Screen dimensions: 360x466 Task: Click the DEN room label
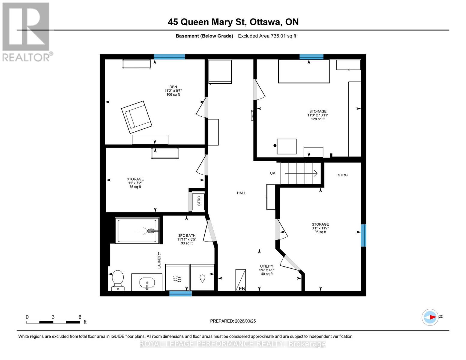click(x=173, y=87)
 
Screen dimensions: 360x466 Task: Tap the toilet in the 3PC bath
click(x=118, y=280)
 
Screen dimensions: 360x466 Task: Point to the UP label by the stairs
click(x=272, y=173)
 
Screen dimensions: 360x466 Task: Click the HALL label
click(x=241, y=193)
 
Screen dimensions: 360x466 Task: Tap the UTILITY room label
click(x=266, y=266)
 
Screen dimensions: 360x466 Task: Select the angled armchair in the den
click(x=137, y=117)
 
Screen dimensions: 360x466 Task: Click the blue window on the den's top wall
click(x=169, y=57)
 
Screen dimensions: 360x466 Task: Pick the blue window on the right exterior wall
click(x=363, y=235)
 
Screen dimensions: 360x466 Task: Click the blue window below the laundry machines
click(x=180, y=294)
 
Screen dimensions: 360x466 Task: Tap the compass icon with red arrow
click(x=430, y=317)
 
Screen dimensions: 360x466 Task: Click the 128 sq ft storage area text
click(x=318, y=119)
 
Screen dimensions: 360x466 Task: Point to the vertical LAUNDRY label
click(x=159, y=260)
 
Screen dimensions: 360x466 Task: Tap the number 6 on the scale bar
click(x=80, y=317)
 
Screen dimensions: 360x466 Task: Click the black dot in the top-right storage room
click(x=275, y=146)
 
